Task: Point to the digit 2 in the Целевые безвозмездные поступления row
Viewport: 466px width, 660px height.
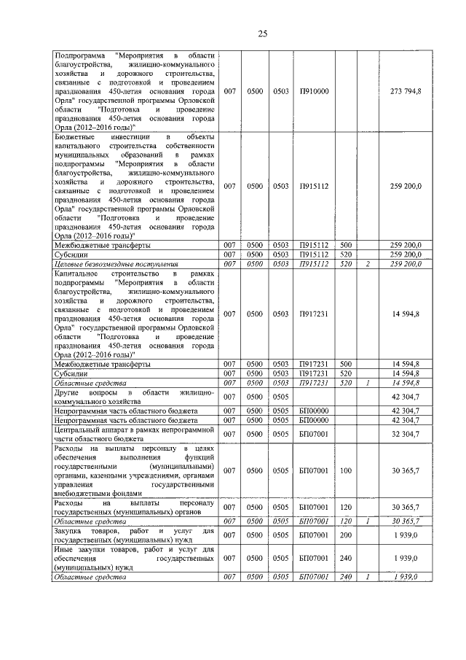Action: pos(368,263)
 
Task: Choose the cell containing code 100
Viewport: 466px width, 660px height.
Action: pos(346,471)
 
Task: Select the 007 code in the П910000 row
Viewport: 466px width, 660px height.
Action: pos(231,91)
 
